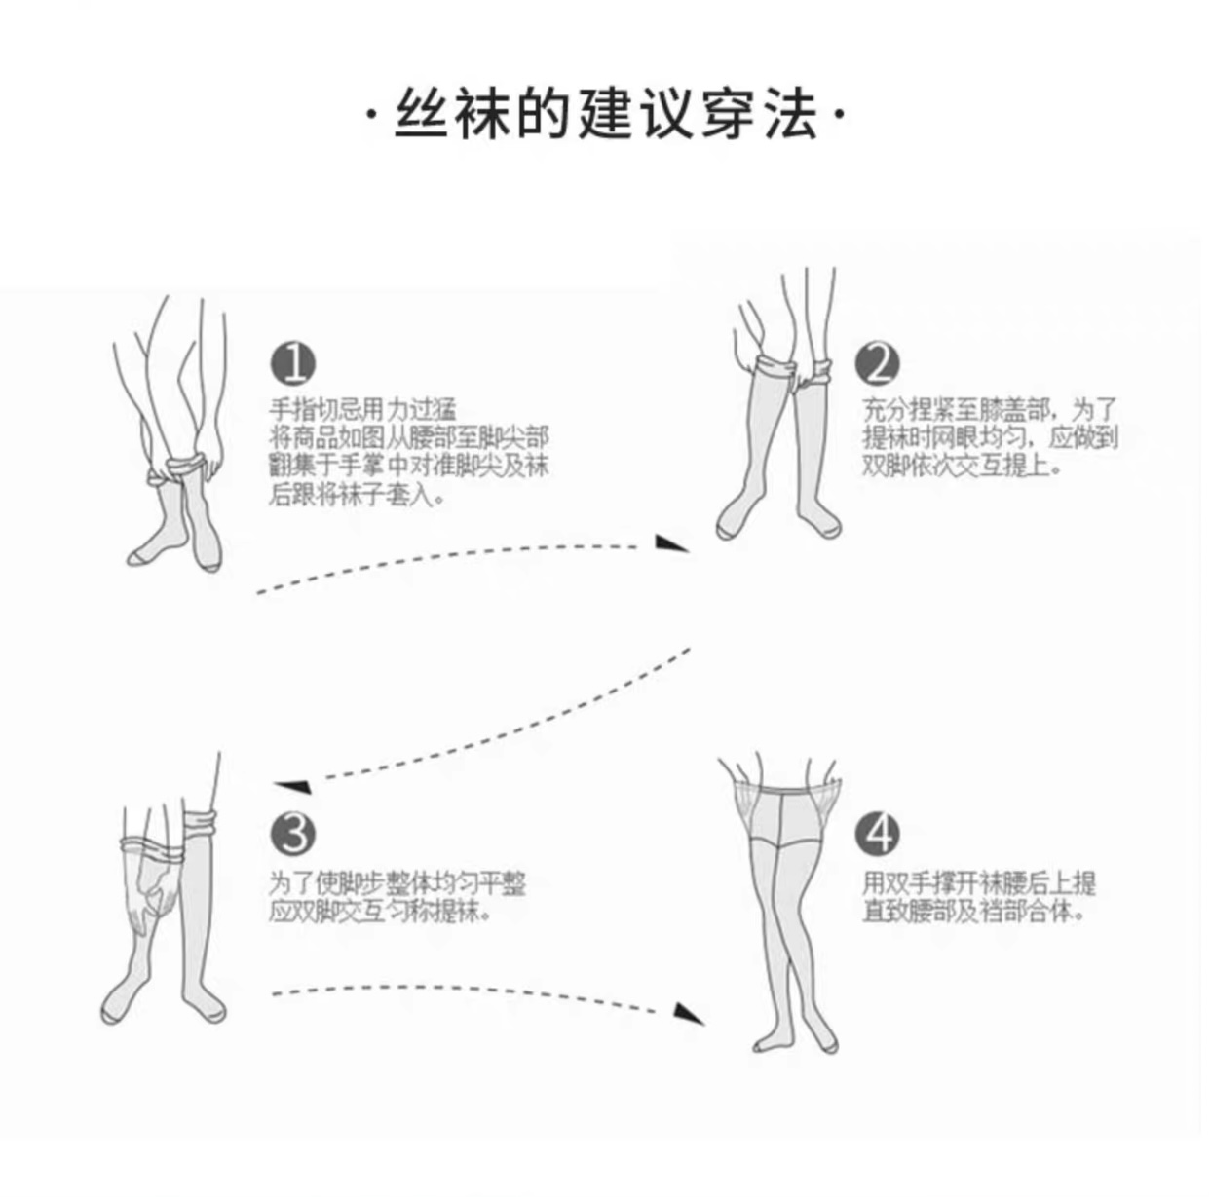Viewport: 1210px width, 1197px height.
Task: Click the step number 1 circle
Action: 292,364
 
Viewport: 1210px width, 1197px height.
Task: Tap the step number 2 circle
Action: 878,363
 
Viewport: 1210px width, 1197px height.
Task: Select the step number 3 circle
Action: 292,834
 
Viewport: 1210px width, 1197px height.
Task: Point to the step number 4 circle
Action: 878,834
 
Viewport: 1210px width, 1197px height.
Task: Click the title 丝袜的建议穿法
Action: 604,116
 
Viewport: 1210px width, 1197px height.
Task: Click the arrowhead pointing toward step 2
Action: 671,543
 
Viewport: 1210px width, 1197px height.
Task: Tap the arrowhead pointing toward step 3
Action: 292,785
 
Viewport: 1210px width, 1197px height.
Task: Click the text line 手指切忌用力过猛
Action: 362,410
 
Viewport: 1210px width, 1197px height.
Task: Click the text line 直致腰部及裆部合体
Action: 974,913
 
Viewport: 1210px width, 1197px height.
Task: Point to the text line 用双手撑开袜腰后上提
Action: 979,883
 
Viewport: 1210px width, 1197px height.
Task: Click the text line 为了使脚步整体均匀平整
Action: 397,883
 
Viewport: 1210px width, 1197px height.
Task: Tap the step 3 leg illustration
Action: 166,896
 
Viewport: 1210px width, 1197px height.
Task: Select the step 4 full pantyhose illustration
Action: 784,906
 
